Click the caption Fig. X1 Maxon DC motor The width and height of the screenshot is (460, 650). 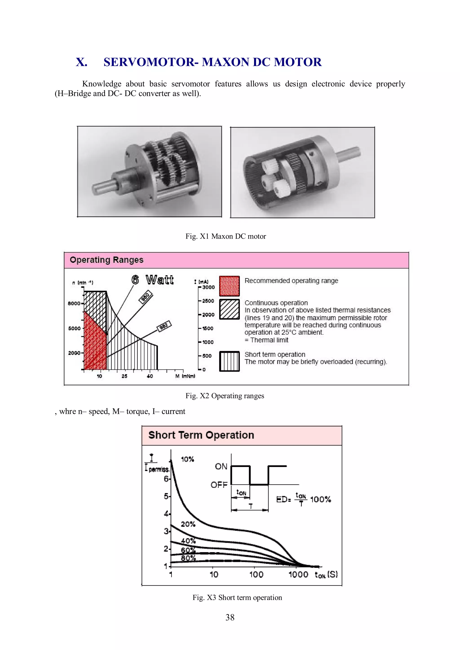click(x=226, y=236)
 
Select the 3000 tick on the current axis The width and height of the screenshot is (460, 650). click(x=208, y=287)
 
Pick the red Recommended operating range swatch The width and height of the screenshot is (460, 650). click(x=229, y=286)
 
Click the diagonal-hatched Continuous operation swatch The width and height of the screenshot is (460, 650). click(x=229, y=309)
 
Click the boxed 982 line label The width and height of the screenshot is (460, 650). click(x=164, y=326)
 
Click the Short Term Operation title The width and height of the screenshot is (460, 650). click(x=201, y=435)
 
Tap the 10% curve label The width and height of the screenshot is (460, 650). click(x=187, y=459)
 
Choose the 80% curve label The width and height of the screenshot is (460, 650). click(x=188, y=558)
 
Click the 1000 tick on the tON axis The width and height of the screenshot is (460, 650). click(x=298, y=574)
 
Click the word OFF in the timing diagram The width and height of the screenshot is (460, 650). click(x=219, y=485)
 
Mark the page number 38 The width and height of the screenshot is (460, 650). click(x=230, y=617)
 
